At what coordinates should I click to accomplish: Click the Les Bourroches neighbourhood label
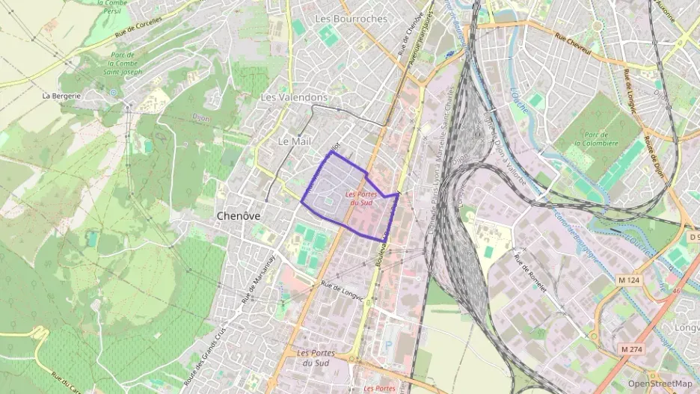(351, 18)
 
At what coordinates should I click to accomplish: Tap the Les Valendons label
(294, 98)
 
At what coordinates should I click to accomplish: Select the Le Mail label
(293, 141)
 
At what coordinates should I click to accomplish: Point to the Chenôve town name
(238, 215)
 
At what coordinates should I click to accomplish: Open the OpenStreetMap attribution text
(660, 384)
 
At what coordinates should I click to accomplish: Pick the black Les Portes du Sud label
(315, 357)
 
